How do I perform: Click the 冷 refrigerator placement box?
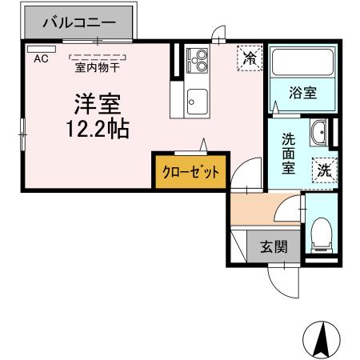(x=249, y=58)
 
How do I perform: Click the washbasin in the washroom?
(x=318, y=131)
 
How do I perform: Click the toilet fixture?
(x=322, y=231)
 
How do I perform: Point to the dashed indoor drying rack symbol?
(x=98, y=56)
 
